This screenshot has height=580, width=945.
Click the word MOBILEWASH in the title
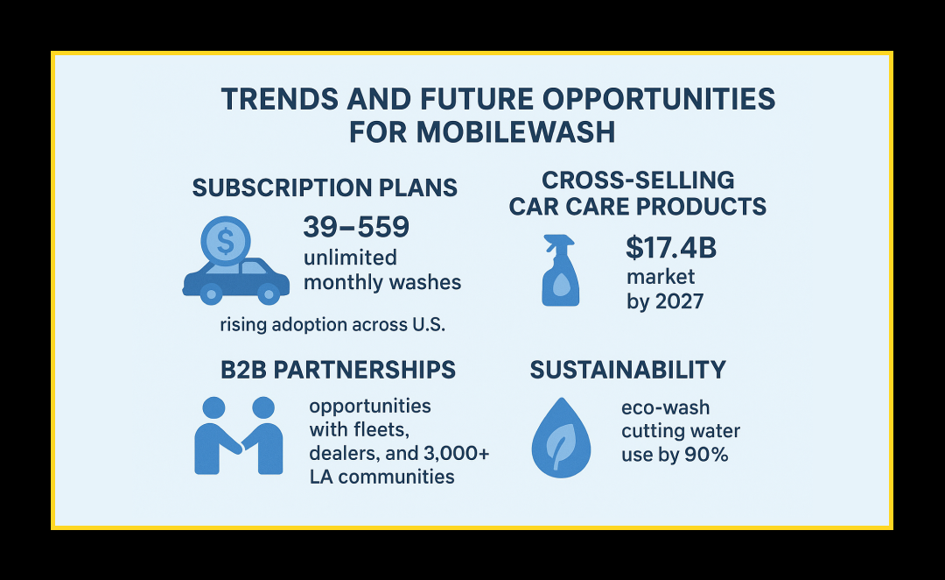[516, 132]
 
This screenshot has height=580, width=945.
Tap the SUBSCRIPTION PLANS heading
[325, 187]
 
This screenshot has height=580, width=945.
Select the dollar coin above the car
[226, 242]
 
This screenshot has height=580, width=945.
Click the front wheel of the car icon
[269, 294]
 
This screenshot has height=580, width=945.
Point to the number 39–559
[356, 227]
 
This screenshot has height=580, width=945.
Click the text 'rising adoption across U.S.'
[332, 325]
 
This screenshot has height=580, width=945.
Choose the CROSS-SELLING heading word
[638, 180]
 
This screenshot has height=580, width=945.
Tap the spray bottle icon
[561, 271]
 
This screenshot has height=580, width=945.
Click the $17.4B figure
[671, 247]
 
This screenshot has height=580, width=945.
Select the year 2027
[679, 301]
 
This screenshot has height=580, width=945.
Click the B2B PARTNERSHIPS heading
[338, 370]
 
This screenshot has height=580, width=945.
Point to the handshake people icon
[239, 435]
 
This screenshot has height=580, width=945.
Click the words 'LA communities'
[382, 477]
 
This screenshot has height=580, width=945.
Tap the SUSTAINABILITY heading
[628, 370]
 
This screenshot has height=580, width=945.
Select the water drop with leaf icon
[561, 437]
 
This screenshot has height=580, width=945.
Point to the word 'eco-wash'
[665, 407]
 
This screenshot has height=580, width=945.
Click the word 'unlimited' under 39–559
[350, 258]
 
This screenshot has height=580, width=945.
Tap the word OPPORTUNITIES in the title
[659, 100]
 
